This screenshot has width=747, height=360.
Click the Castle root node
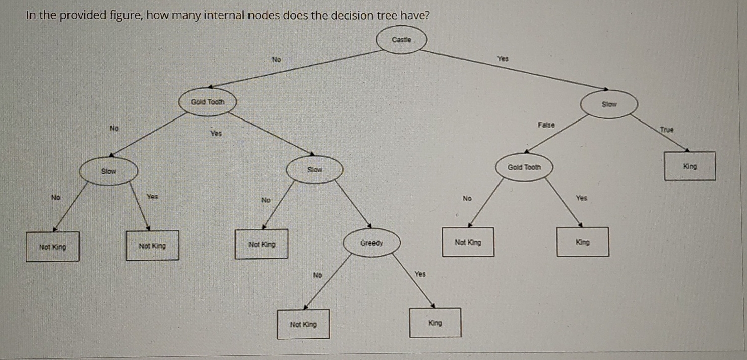click(x=401, y=39)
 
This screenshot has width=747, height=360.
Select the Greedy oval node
click(x=371, y=244)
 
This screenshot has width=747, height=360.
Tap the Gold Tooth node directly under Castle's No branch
click(x=208, y=102)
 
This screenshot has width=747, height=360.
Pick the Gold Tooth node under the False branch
click(x=524, y=167)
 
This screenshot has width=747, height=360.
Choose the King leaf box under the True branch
click(x=690, y=166)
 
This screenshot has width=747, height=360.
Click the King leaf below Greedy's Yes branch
click(x=435, y=323)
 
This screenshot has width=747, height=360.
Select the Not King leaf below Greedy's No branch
click(x=303, y=324)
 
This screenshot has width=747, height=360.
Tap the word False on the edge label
click(x=546, y=125)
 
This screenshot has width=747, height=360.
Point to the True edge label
click(x=666, y=130)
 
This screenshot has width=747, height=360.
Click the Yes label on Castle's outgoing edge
click(x=503, y=59)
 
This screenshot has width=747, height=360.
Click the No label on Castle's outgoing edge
click(x=276, y=60)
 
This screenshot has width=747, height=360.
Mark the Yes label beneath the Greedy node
click(x=420, y=274)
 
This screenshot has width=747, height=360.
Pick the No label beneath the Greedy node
click(x=317, y=275)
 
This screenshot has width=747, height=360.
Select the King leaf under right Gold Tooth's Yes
click(x=582, y=242)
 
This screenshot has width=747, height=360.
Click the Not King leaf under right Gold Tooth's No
click(x=467, y=242)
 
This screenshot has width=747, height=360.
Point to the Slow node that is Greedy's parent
click(x=314, y=170)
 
